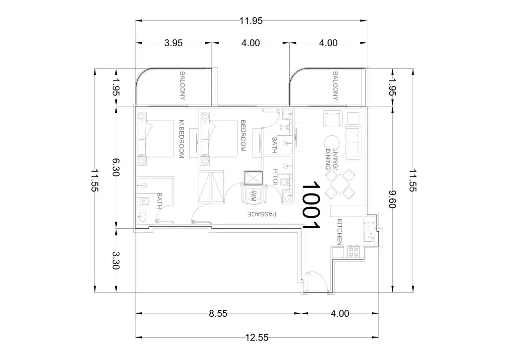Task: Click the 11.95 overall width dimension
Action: tap(251, 21)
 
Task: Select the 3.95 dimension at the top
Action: tap(173, 43)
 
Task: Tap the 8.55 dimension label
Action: tap(218, 314)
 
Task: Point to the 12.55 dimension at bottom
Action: tap(257, 338)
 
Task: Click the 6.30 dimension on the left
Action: tap(116, 167)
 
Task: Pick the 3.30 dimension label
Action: tap(116, 261)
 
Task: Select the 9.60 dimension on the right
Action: tap(392, 199)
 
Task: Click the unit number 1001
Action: tap(311, 205)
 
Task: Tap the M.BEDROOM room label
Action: tap(181, 139)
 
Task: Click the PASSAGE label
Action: tap(262, 214)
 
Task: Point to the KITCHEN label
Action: tap(339, 232)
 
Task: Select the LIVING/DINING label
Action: tap(332, 159)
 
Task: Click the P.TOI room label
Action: tap(274, 177)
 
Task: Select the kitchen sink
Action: tap(369, 233)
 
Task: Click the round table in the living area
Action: tap(332, 143)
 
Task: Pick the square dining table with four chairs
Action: tap(339, 184)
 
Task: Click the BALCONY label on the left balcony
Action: tap(182, 86)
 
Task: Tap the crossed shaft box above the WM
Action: tap(253, 178)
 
